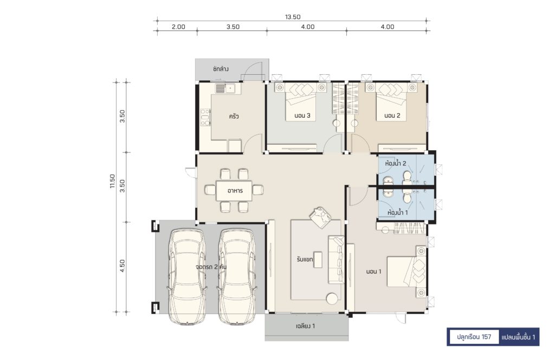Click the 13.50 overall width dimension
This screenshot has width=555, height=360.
(x=293, y=17)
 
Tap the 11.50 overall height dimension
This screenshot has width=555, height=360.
(x=112, y=181)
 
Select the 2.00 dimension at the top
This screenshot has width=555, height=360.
(x=178, y=27)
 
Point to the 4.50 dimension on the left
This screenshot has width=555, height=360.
(x=122, y=266)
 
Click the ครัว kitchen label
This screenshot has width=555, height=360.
(x=234, y=116)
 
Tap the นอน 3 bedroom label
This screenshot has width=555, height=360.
(x=302, y=115)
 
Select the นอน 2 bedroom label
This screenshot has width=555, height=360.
(x=392, y=115)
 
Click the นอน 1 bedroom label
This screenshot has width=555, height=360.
(x=374, y=272)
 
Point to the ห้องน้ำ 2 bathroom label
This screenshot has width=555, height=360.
(x=396, y=163)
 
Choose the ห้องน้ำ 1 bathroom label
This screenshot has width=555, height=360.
(x=397, y=213)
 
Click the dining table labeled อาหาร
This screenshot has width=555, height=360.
(x=234, y=190)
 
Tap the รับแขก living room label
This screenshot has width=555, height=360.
(x=305, y=260)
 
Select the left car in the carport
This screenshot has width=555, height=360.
(x=187, y=277)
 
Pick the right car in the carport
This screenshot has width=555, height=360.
(x=236, y=277)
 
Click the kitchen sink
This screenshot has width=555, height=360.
(x=225, y=88)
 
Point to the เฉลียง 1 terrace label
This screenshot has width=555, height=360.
(x=305, y=326)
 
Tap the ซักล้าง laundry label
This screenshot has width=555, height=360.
(x=221, y=69)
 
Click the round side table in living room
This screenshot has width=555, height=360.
(x=332, y=299)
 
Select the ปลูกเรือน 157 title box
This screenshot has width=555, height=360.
(x=473, y=337)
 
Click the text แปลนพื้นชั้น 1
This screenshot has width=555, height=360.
(x=519, y=337)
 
